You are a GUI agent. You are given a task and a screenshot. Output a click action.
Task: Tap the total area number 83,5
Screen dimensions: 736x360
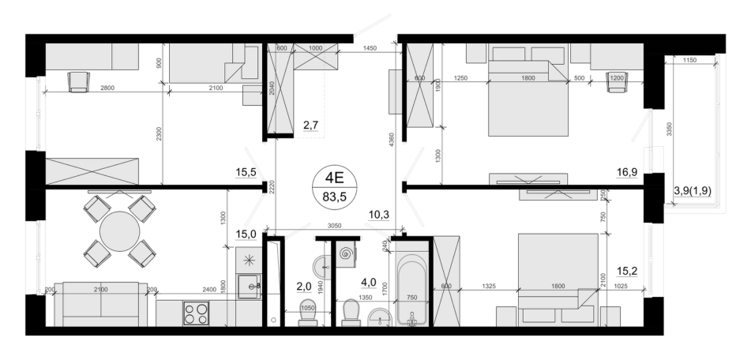tap(334, 197)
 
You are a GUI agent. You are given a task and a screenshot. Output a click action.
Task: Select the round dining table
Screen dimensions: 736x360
tap(120, 231)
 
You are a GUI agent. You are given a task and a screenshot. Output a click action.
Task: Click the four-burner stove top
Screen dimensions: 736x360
tap(196, 313)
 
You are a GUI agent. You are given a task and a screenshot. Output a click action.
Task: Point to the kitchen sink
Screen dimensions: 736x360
tap(249, 287)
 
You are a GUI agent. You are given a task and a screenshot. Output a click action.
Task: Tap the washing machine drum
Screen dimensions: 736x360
tap(347, 254)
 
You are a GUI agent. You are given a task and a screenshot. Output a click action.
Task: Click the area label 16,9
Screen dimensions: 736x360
tap(626, 173)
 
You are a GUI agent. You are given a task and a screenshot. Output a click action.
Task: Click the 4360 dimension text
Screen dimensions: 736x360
tap(392, 141)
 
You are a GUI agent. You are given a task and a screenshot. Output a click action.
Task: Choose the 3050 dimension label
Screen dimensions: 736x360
tap(334, 226)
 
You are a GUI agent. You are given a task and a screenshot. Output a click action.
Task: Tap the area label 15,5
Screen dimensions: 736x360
tap(246, 173)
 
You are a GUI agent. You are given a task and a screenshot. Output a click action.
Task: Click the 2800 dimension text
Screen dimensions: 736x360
tap(107, 88)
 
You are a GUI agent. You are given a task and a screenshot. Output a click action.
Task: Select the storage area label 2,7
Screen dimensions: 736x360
tap(310, 125)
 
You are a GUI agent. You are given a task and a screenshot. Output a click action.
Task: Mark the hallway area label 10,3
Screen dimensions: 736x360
tap(379, 215)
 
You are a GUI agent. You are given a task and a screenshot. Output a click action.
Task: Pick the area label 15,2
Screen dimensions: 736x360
tap(627, 271)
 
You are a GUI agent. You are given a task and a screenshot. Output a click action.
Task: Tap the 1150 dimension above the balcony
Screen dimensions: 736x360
tap(689, 60)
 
